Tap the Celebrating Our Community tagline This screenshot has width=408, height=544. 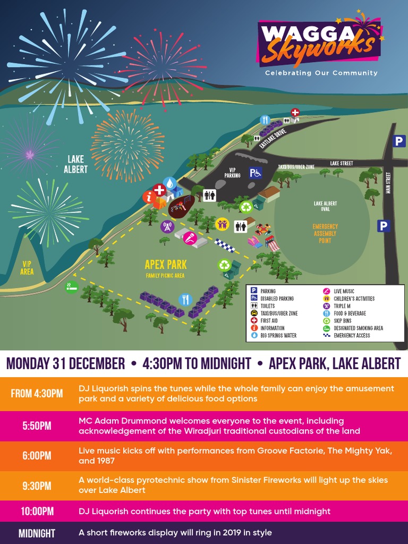[x=321, y=73]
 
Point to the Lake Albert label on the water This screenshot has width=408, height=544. [x=76, y=164]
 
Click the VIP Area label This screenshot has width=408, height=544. [x=27, y=268]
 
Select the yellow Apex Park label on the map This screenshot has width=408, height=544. [x=166, y=264]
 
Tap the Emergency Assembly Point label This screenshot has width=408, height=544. [x=325, y=233]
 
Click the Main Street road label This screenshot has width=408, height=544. [x=389, y=182]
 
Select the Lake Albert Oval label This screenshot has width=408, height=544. [x=325, y=206]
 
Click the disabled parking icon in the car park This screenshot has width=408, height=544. [x=256, y=172]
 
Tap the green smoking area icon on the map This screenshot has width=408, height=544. [x=71, y=287]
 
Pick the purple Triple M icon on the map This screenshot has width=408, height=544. [x=167, y=226]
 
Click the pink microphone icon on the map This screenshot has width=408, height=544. [x=190, y=239]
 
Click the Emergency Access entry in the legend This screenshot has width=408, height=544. [x=350, y=336]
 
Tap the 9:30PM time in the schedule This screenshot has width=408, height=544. [x=37, y=486]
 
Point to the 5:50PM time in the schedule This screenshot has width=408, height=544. [x=37, y=426]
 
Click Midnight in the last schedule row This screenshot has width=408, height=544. [x=37, y=533]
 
